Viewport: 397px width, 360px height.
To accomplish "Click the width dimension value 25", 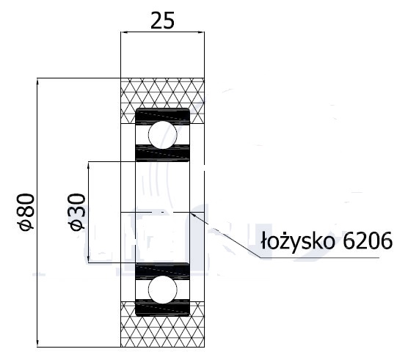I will coord(162,20).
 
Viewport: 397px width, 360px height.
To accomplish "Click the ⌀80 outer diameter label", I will coord(26,212).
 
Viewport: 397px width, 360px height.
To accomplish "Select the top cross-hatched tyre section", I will coord(163,93).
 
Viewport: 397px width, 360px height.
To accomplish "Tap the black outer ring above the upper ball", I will coord(163,115).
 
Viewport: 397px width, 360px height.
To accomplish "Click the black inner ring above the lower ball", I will coord(163,269).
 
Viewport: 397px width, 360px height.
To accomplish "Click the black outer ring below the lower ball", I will coord(163,309).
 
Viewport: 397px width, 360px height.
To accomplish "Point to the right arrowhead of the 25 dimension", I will coord(202,32).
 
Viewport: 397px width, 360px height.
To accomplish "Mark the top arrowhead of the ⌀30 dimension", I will coord(89,165).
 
